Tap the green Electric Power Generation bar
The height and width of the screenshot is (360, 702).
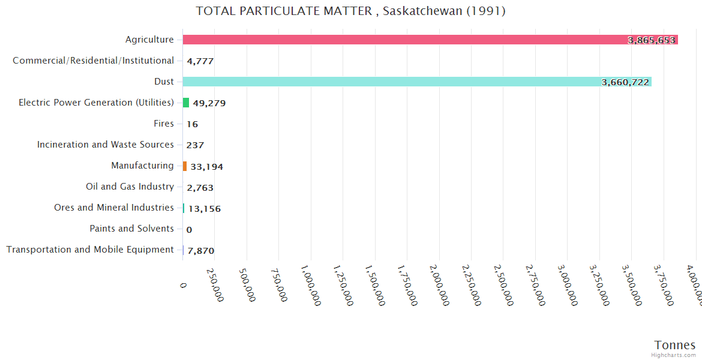(186, 103)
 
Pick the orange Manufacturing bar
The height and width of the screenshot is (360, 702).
(185, 166)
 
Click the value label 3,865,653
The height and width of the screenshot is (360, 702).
(652, 40)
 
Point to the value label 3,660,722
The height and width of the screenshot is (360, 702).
(625, 82)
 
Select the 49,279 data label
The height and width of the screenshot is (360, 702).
(209, 103)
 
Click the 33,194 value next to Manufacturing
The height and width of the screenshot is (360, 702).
(206, 166)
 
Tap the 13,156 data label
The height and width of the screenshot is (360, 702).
(204, 209)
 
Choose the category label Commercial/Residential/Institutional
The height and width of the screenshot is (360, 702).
(93, 61)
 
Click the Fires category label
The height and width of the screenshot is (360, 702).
(163, 124)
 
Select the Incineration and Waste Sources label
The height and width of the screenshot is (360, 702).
(105, 145)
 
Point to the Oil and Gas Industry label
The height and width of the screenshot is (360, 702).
(130, 187)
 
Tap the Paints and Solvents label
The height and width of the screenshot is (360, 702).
(131, 229)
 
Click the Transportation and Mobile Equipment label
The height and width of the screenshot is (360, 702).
(90, 250)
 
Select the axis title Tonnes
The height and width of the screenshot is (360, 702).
(675, 345)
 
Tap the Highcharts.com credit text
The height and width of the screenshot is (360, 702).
(674, 355)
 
